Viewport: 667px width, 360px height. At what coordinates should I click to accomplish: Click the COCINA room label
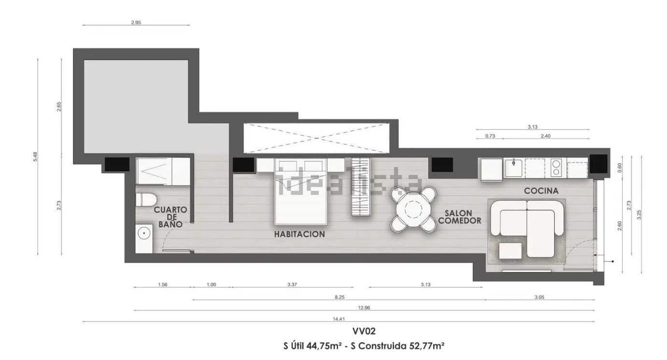click(541, 191)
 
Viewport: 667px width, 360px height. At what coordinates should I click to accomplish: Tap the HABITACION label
click(299, 234)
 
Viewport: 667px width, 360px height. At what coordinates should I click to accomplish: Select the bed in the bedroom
click(301, 193)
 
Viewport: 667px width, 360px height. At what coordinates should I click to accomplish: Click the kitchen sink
click(513, 168)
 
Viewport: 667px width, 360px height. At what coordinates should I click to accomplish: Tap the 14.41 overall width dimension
click(338, 318)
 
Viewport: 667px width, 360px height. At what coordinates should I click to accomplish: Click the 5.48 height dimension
click(35, 157)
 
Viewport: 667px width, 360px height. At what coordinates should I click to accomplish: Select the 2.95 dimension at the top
click(136, 22)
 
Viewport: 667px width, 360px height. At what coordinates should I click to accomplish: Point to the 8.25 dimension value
click(339, 297)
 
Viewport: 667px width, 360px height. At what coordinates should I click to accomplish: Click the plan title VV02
click(364, 331)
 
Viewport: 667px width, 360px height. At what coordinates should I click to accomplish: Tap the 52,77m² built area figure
click(426, 346)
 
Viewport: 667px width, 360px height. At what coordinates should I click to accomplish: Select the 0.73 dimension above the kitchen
click(490, 136)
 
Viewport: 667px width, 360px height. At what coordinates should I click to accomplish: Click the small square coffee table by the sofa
click(510, 251)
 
